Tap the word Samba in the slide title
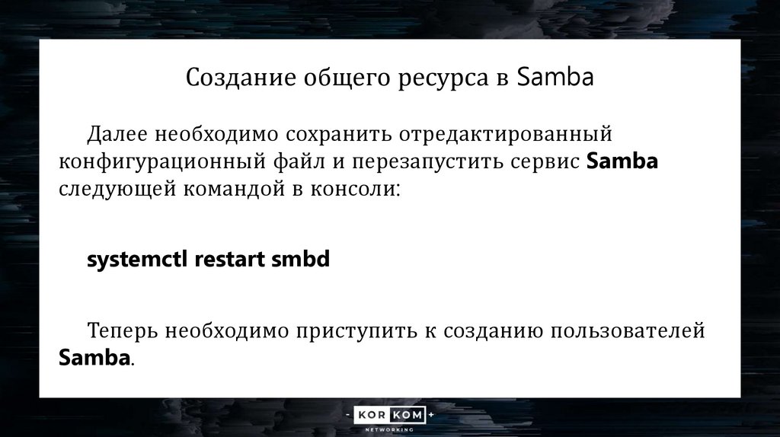[555, 78]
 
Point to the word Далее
[119, 135]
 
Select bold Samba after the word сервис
[623, 161]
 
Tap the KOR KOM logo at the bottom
[389, 416]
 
